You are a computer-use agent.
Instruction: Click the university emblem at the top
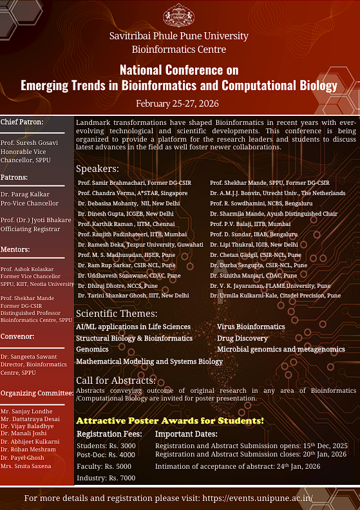(x=179, y=15)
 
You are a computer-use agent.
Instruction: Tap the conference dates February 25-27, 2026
(x=179, y=103)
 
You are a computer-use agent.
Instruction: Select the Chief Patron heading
(x=22, y=122)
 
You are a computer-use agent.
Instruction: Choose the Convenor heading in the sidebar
(x=17, y=336)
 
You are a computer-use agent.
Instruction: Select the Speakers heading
(x=97, y=169)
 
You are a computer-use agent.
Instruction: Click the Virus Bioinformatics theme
(x=251, y=327)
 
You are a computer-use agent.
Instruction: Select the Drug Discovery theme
(x=242, y=338)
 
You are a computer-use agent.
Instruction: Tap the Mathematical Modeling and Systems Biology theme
(x=149, y=361)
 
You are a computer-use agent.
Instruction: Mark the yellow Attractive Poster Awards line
(x=170, y=420)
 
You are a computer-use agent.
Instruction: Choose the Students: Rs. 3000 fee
(x=106, y=445)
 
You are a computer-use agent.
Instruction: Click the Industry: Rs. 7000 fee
(x=106, y=478)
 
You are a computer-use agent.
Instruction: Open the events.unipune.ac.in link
(x=258, y=498)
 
